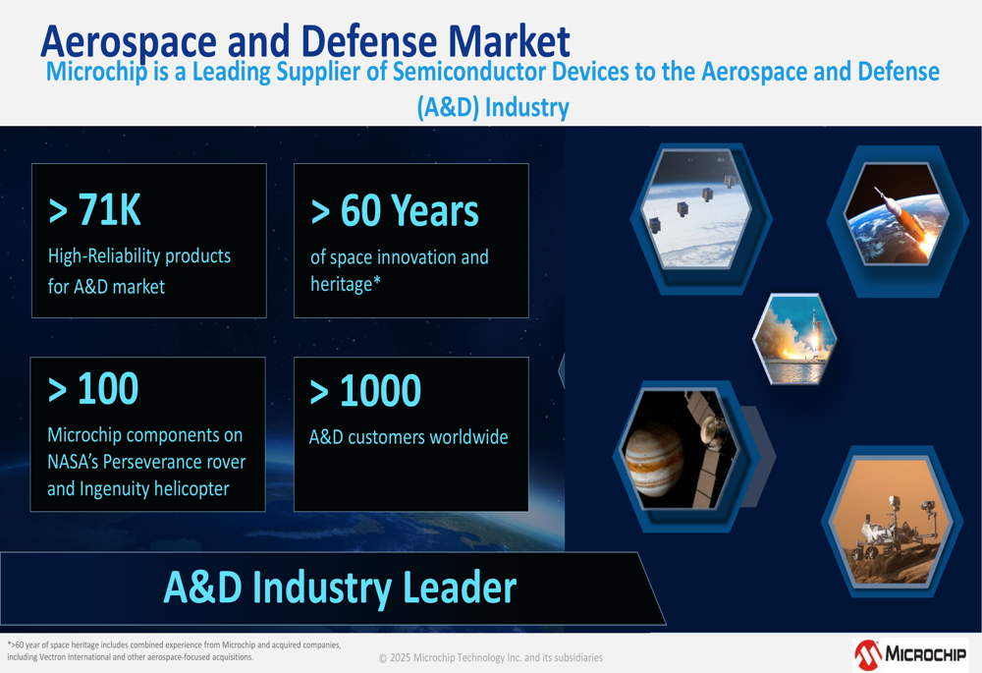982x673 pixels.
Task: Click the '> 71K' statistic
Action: [x=94, y=209]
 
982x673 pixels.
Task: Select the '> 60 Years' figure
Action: [x=395, y=210]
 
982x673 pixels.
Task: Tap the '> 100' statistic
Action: [x=93, y=388]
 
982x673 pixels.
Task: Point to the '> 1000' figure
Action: [x=365, y=390]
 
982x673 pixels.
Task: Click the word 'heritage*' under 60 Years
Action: [x=346, y=285]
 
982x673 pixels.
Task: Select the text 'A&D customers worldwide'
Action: [x=409, y=437]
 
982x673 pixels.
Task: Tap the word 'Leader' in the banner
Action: [x=460, y=588]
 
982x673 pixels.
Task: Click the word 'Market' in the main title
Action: [x=509, y=41]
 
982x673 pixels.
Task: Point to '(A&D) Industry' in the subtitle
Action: [x=494, y=107]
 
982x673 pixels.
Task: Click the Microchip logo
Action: [x=910, y=655]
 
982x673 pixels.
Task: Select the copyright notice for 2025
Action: [x=491, y=657]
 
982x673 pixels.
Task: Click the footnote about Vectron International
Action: [x=174, y=650]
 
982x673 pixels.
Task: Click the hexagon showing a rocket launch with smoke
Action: [x=794, y=339]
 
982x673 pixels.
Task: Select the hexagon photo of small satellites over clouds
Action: [x=696, y=209]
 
